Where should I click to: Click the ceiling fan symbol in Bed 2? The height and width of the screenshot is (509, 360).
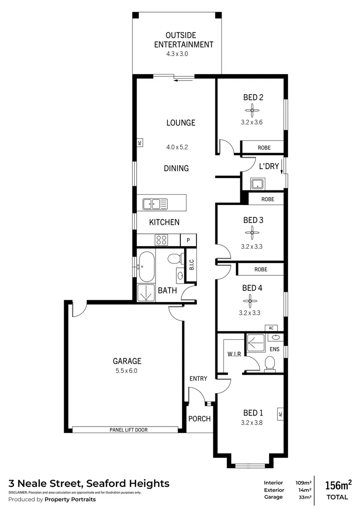pyautogui.click(x=253, y=111)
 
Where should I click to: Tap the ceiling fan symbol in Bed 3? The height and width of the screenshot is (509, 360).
pyautogui.click(x=252, y=232)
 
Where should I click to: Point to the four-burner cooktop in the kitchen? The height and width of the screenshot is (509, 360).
pyautogui.click(x=162, y=240)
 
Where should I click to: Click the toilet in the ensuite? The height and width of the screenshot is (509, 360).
pyautogui.click(x=270, y=364)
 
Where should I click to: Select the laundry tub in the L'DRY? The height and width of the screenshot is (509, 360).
pyautogui.click(x=257, y=183)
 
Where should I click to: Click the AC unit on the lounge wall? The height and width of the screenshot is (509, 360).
pyautogui.click(x=139, y=142)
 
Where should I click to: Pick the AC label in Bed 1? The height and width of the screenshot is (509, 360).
pyautogui.click(x=280, y=414)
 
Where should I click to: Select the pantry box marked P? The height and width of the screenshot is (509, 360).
pyautogui.click(x=188, y=240)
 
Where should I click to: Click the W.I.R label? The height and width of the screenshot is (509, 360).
pyautogui.click(x=234, y=354)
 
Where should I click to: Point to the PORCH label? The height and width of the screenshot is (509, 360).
pyautogui.click(x=199, y=419)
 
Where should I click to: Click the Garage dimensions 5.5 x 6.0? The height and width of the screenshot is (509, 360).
pyautogui.click(x=127, y=370)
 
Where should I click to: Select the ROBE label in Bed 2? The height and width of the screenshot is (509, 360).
pyautogui.click(x=264, y=148)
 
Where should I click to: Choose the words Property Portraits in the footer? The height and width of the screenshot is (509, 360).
pyautogui.click(x=70, y=499)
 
